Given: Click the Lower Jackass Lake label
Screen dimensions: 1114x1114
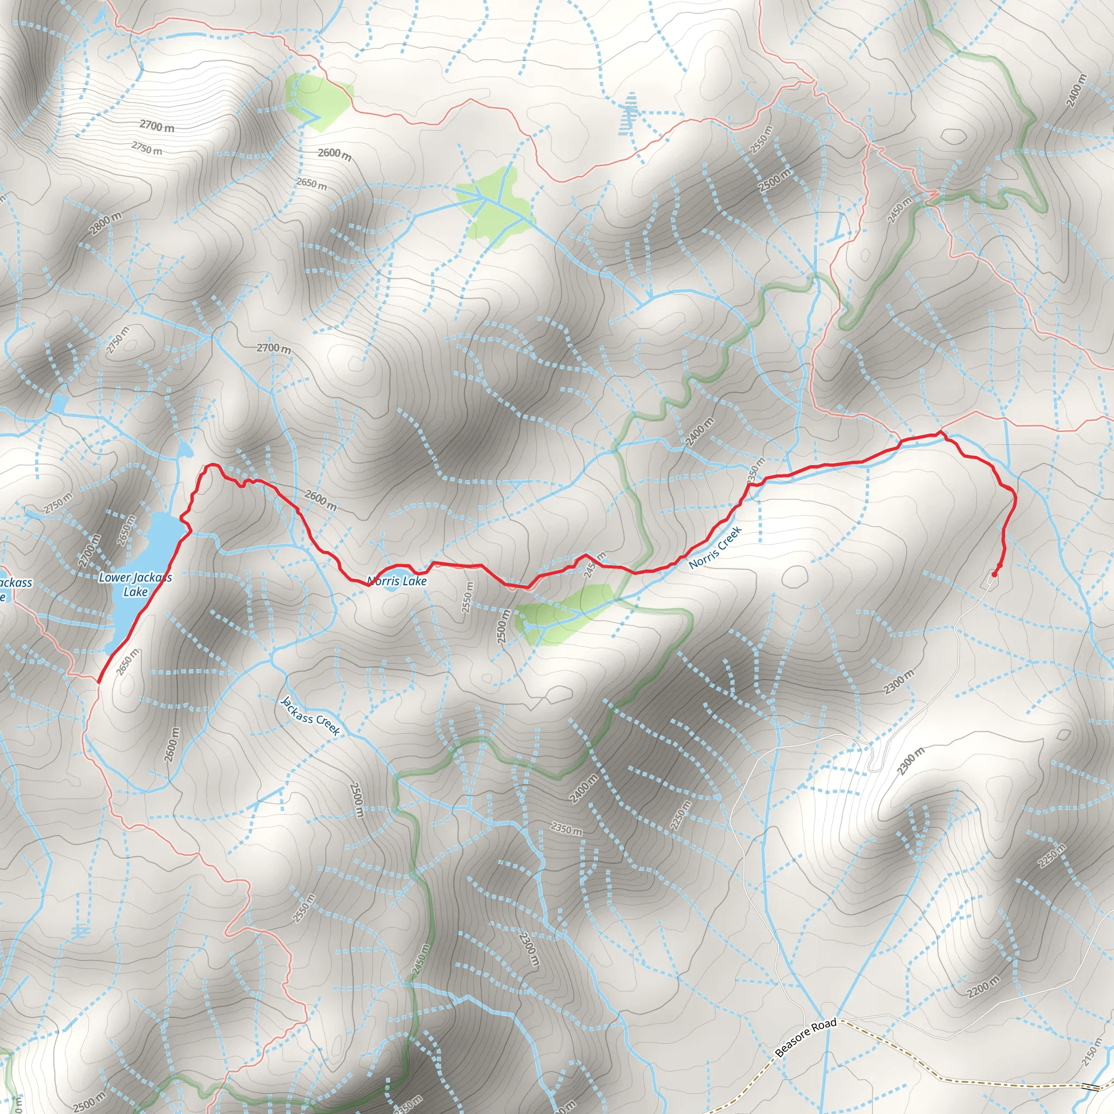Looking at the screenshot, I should tap(135, 584).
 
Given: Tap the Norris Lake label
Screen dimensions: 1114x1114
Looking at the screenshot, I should tap(397, 581).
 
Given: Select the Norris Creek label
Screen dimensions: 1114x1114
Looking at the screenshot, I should tap(715, 548).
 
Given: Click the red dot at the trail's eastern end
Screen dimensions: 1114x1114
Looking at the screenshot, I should tap(994, 574).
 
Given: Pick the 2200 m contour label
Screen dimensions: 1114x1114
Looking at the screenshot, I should tap(983, 988).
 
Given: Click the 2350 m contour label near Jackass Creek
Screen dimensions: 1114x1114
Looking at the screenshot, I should tap(566, 829).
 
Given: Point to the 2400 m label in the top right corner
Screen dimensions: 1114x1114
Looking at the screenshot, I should tap(1076, 90).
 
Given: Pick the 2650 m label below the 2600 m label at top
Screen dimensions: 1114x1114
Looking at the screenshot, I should tap(311, 183).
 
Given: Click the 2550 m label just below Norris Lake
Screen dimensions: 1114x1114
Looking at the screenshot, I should tap(468, 597).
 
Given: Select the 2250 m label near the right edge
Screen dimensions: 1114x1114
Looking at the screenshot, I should tap(1052, 856).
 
